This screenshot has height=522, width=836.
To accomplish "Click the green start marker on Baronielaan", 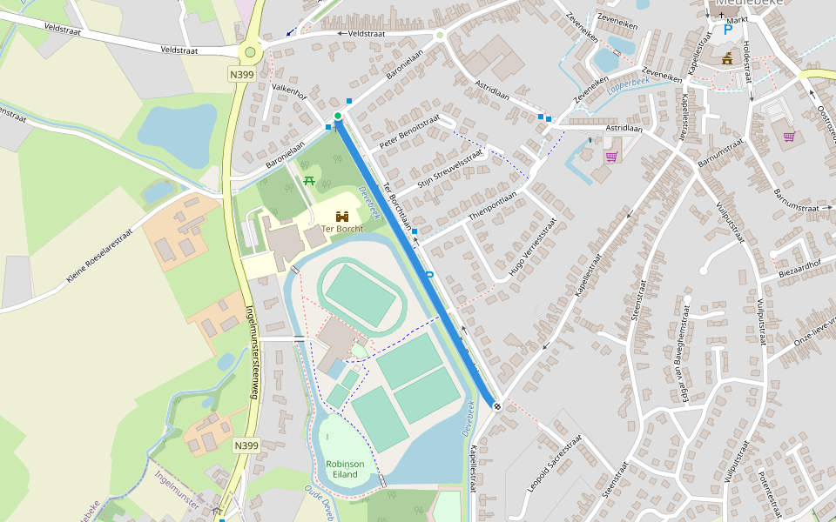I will pyautogui.click(x=338, y=116).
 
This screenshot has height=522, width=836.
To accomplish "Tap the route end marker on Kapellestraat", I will pyautogui.click(x=496, y=405).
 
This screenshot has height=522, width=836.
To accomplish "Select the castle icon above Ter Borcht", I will pyautogui.click(x=342, y=216).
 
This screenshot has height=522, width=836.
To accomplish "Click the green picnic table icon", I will pyautogui.click(x=308, y=180).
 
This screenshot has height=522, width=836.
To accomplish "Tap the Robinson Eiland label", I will pyautogui.click(x=345, y=469).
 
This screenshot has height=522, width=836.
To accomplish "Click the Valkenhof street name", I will pyautogui.click(x=289, y=90).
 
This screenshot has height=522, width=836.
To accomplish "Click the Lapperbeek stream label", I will pyautogui.click(x=628, y=84).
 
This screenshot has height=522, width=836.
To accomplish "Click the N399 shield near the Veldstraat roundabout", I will pyautogui.click(x=241, y=75).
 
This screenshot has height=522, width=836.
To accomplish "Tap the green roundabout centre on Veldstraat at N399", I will pyautogui.click(x=251, y=52).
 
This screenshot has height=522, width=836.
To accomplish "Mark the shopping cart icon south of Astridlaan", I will pyautogui.click(x=611, y=157).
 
